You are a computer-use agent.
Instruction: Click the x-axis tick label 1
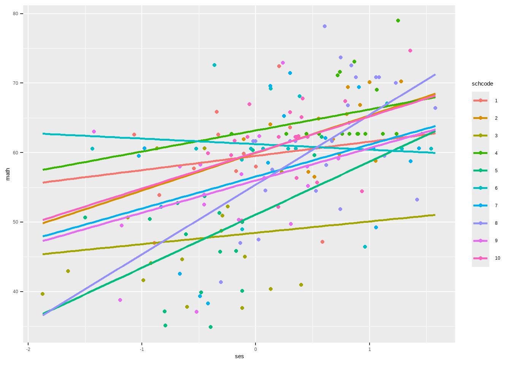(370, 349)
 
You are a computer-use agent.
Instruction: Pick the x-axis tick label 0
(255, 349)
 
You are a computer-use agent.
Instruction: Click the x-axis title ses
(239, 357)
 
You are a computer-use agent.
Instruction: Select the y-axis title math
(8, 174)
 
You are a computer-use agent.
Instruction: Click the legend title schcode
(482, 84)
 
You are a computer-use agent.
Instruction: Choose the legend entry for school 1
(481, 101)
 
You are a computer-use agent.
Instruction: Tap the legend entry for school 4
(481, 153)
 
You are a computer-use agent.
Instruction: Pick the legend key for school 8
(481, 223)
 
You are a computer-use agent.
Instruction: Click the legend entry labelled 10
(481, 258)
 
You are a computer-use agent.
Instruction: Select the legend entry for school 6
(481, 188)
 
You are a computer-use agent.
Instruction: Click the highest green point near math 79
(398, 21)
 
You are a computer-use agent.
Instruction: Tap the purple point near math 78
(324, 26)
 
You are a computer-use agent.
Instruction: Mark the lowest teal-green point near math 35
(210, 327)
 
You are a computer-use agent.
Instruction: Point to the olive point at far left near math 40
(43, 294)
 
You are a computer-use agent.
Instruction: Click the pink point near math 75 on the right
(410, 51)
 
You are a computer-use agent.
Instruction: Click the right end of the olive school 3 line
(435, 215)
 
